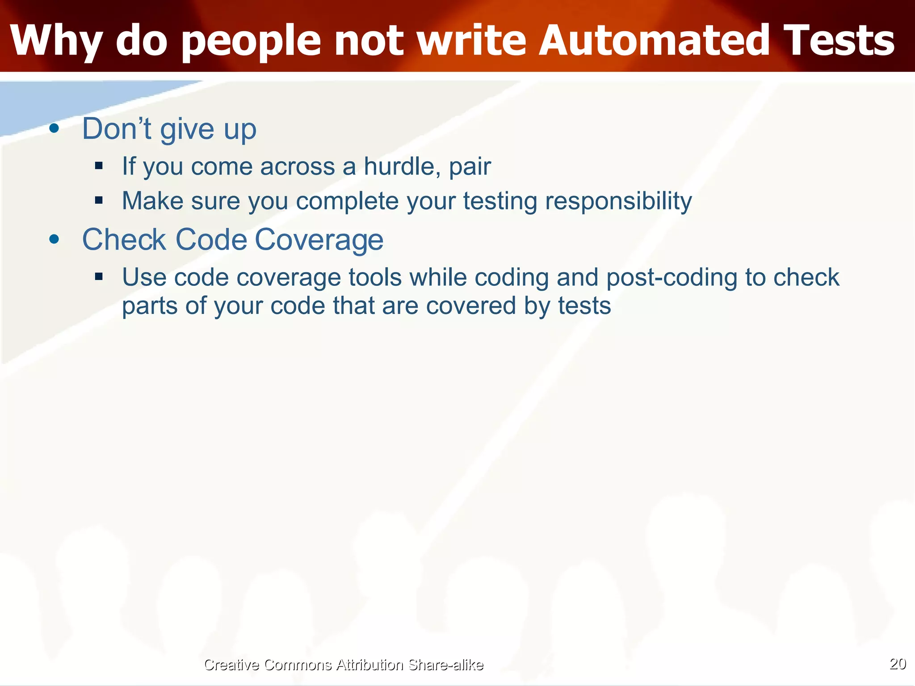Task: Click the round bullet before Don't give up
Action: (x=54, y=129)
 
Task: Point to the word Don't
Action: (x=117, y=129)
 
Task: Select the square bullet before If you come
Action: (x=99, y=166)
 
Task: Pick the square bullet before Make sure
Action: (x=99, y=200)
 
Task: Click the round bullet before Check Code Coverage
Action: (x=54, y=239)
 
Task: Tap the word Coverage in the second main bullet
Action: (x=319, y=240)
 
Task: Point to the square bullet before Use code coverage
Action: (x=99, y=277)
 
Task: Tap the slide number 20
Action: (x=898, y=664)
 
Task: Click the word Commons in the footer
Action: (x=298, y=665)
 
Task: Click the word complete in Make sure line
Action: (x=347, y=201)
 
